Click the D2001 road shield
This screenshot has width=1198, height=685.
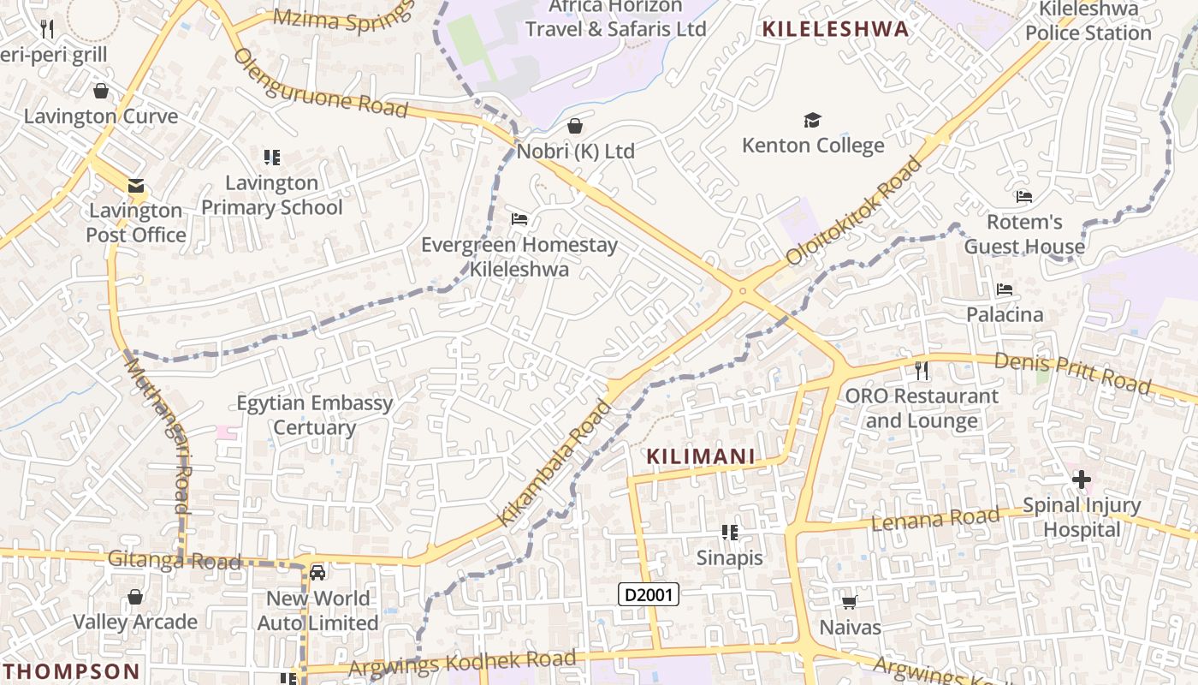[649, 594]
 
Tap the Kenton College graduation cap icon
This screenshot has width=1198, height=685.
[812, 121]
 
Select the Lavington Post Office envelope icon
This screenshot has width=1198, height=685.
[135, 186]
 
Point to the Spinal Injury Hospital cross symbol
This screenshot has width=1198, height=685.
[1082, 479]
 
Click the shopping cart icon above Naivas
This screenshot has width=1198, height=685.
[850, 603]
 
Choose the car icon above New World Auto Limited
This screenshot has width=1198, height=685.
[317, 572]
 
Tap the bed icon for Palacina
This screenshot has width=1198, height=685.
[1005, 289]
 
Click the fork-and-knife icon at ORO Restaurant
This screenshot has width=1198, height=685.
[922, 371]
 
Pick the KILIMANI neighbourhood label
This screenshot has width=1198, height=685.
[701, 456]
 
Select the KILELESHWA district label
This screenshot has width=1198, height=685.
[835, 29]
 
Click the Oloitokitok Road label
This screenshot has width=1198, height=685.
[855, 209]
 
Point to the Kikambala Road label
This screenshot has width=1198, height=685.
[556, 462]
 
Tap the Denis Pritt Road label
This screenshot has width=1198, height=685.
[1072, 372]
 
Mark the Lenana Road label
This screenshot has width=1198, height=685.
[934, 519]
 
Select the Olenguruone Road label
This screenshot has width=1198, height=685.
[320, 83]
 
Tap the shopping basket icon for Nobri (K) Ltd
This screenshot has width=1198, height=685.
[576, 127]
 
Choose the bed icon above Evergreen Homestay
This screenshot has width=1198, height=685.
[519, 219]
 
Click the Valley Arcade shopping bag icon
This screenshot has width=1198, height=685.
[135, 597]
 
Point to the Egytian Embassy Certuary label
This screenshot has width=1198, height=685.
[314, 415]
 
